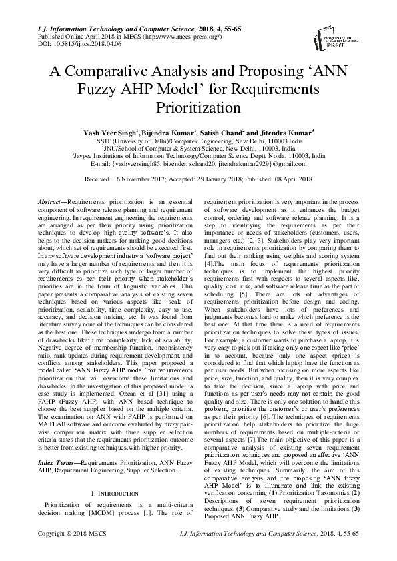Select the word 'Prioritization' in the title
point(197,106)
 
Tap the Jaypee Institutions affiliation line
point(197,156)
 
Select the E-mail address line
point(197,164)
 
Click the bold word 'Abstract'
point(49,200)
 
